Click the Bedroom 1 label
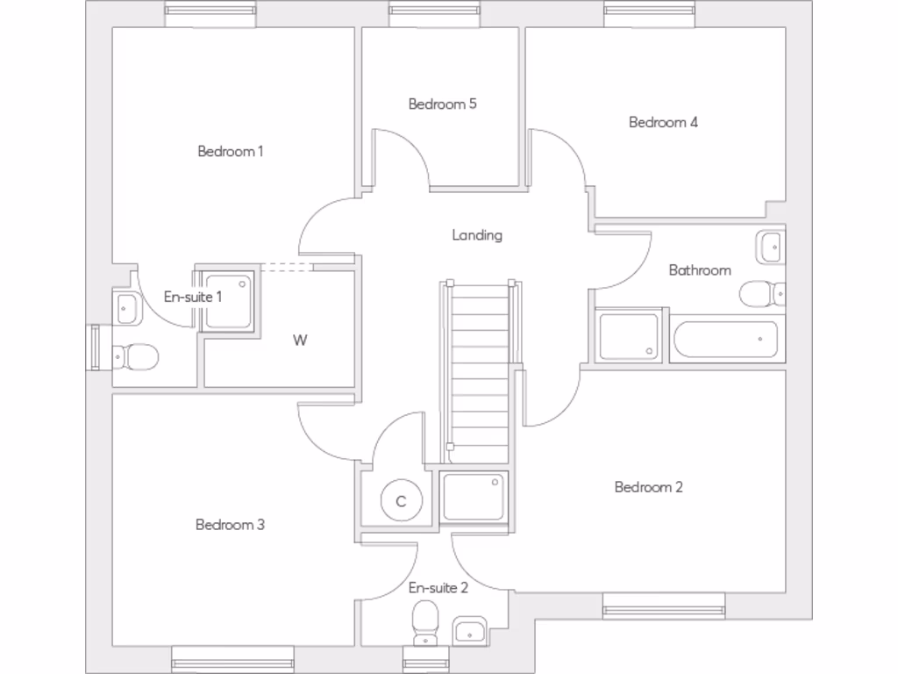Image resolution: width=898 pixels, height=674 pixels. click(x=230, y=151)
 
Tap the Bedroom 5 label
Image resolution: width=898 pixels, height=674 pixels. click(x=442, y=104)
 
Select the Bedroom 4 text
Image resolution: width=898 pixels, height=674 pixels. click(x=663, y=122)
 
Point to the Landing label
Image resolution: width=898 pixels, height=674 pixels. click(x=477, y=234)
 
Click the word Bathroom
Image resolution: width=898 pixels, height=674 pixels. click(x=699, y=269)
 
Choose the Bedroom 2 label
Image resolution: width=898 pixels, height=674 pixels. click(x=648, y=487)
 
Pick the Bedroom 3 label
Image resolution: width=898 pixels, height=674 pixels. click(x=230, y=525)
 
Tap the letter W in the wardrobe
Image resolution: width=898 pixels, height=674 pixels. click(x=300, y=341)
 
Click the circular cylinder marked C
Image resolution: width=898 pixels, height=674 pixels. click(x=402, y=501)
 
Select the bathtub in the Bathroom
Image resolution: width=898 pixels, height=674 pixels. click(x=726, y=340)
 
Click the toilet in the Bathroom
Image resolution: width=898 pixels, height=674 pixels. click(x=759, y=293)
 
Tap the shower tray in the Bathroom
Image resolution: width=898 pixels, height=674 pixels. click(x=629, y=335)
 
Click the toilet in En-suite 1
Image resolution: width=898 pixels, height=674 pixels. click(x=137, y=356)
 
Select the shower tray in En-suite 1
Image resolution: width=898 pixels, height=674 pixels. click(x=229, y=300)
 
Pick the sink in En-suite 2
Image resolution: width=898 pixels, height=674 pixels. click(x=470, y=631)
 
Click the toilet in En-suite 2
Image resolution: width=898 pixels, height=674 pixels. click(x=425, y=620)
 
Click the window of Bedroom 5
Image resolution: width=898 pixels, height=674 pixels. click(x=429, y=11)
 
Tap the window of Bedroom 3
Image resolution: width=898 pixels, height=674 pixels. click(x=232, y=658)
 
